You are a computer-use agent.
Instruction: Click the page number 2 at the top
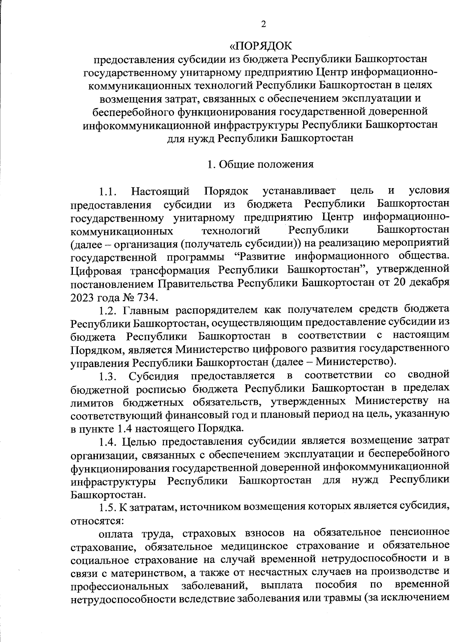pos(263,24)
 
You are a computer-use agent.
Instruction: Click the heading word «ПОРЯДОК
pos(260,46)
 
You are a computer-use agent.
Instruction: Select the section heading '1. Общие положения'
pos(260,164)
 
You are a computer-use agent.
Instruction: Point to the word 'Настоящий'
pos(161,192)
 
